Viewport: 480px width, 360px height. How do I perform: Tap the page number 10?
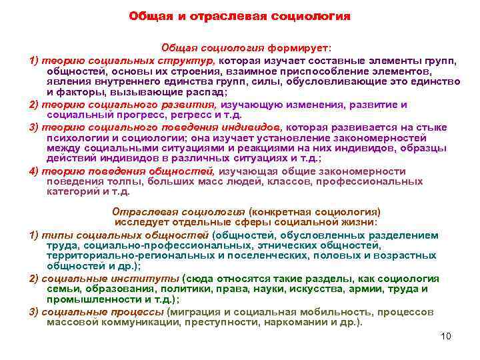[446, 336]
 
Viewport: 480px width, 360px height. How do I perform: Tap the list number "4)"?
[33, 171]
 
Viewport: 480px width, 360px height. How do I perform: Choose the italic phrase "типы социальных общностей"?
[125, 235]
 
